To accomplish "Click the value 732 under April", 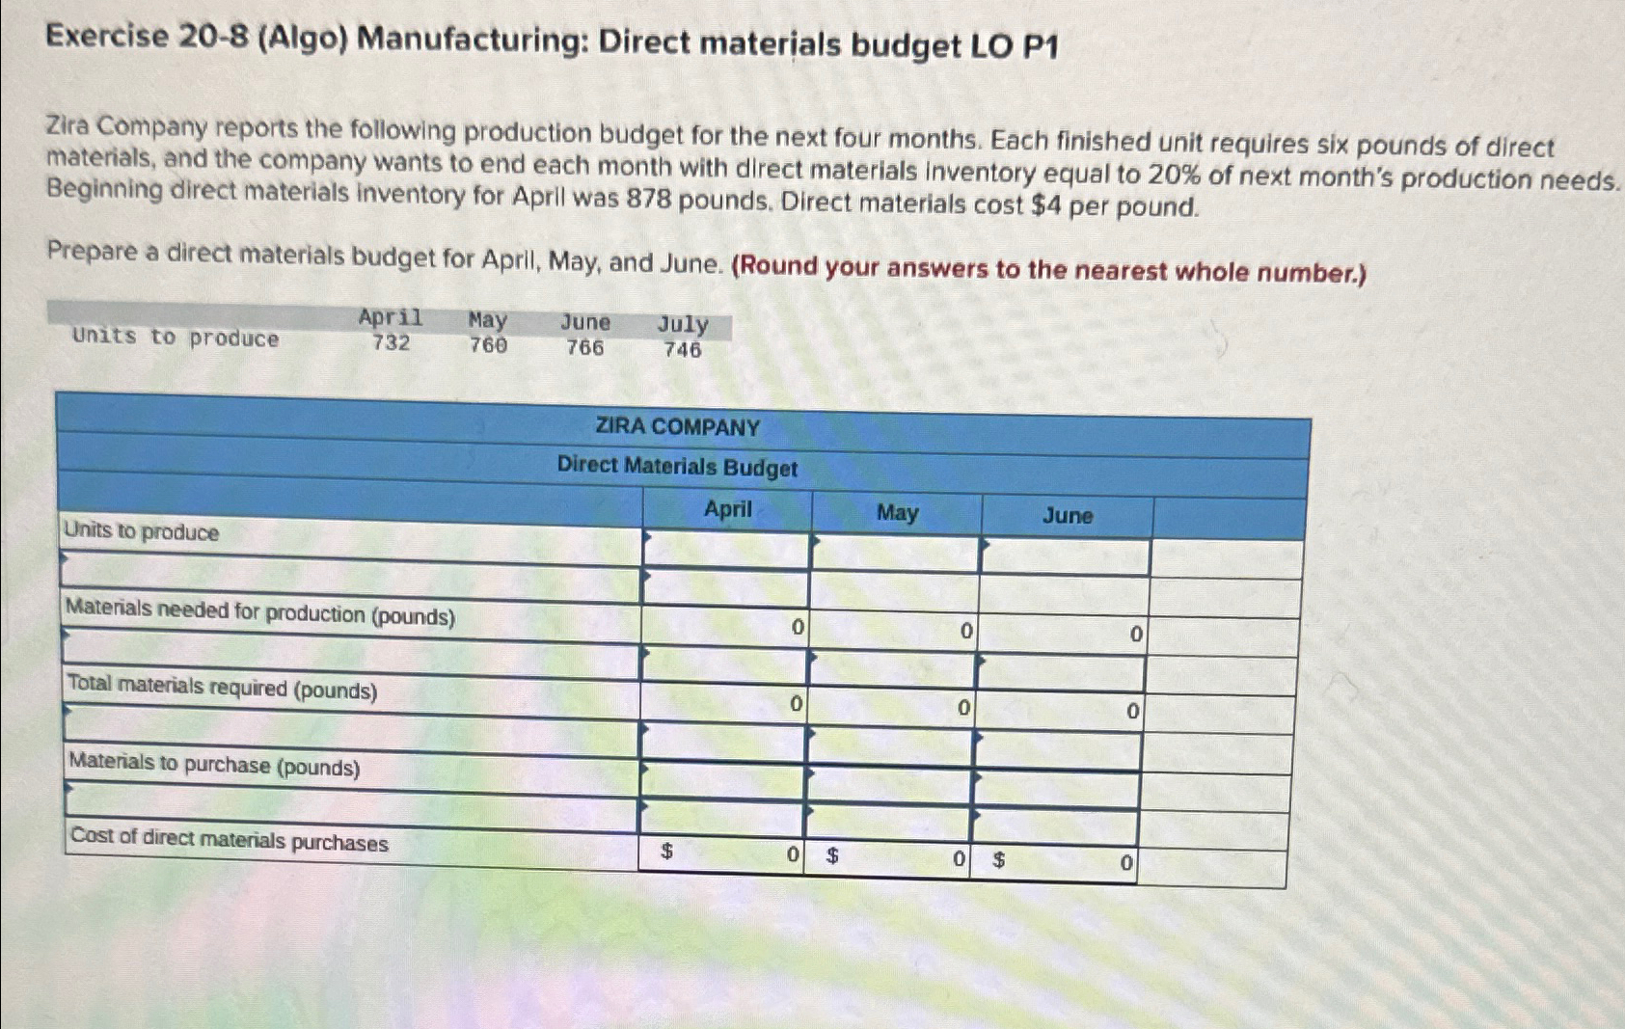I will pos(391,343).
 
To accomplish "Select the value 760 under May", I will pos(488,345).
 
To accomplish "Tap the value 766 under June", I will pos(584,347).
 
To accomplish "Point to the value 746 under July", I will pos(682,350).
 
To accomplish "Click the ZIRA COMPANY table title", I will pos(677,427).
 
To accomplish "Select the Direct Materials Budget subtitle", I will pos(677,467).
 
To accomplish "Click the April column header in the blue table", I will pos(727,509).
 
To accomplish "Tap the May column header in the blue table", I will pos(897,513).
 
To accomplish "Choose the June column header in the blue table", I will pos(1068,516).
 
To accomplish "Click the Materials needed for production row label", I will pos(260,613).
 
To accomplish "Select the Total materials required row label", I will pos(222,689).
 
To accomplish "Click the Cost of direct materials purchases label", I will pos(230,841).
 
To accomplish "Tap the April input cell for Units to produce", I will pos(725,550).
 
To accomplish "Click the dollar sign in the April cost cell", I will pos(665,852).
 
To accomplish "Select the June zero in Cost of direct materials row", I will pos(1125,864).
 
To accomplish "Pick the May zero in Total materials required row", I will pos(962,709).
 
